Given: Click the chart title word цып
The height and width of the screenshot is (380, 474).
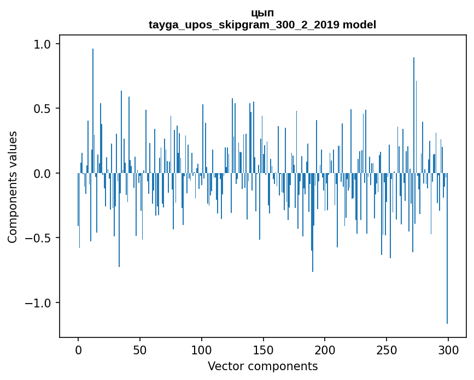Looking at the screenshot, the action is [x=262, y=13].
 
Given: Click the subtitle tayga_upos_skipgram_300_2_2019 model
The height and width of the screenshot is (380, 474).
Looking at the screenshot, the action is [x=262, y=25].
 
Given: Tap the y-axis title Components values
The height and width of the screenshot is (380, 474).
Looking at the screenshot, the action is [x=13, y=187].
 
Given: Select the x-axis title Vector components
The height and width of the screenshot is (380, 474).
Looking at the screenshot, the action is [x=262, y=366].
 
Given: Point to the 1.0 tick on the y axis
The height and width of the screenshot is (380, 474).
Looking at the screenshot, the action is [x=43, y=44].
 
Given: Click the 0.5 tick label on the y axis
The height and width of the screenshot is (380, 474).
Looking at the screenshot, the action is [x=43, y=109].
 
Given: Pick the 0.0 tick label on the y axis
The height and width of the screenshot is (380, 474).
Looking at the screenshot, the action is [x=43, y=173].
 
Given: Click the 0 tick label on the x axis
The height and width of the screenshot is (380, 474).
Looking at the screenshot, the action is [x=78, y=350].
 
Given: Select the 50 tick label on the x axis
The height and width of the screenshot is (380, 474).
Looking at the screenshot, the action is [x=139, y=350].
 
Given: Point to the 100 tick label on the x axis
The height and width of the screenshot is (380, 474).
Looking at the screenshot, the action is [x=201, y=350].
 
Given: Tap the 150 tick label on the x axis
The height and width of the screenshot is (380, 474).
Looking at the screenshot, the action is [x=263, y=350].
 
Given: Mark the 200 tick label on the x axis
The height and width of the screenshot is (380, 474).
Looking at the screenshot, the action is [x=325, y=350].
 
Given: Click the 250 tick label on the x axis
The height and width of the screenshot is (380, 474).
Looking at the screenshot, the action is [x=387, y=350].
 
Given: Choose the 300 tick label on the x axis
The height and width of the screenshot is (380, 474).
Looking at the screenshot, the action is [x=448, y=350].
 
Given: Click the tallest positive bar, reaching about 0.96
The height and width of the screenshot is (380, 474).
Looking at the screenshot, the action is [x=93, y=111].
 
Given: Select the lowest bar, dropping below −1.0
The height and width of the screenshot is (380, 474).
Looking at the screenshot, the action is [x=447, y=248].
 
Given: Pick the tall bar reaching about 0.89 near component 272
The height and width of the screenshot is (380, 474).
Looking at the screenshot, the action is [x=414, y=115].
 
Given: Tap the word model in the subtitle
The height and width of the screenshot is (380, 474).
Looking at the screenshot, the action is [x=359, y=25].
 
